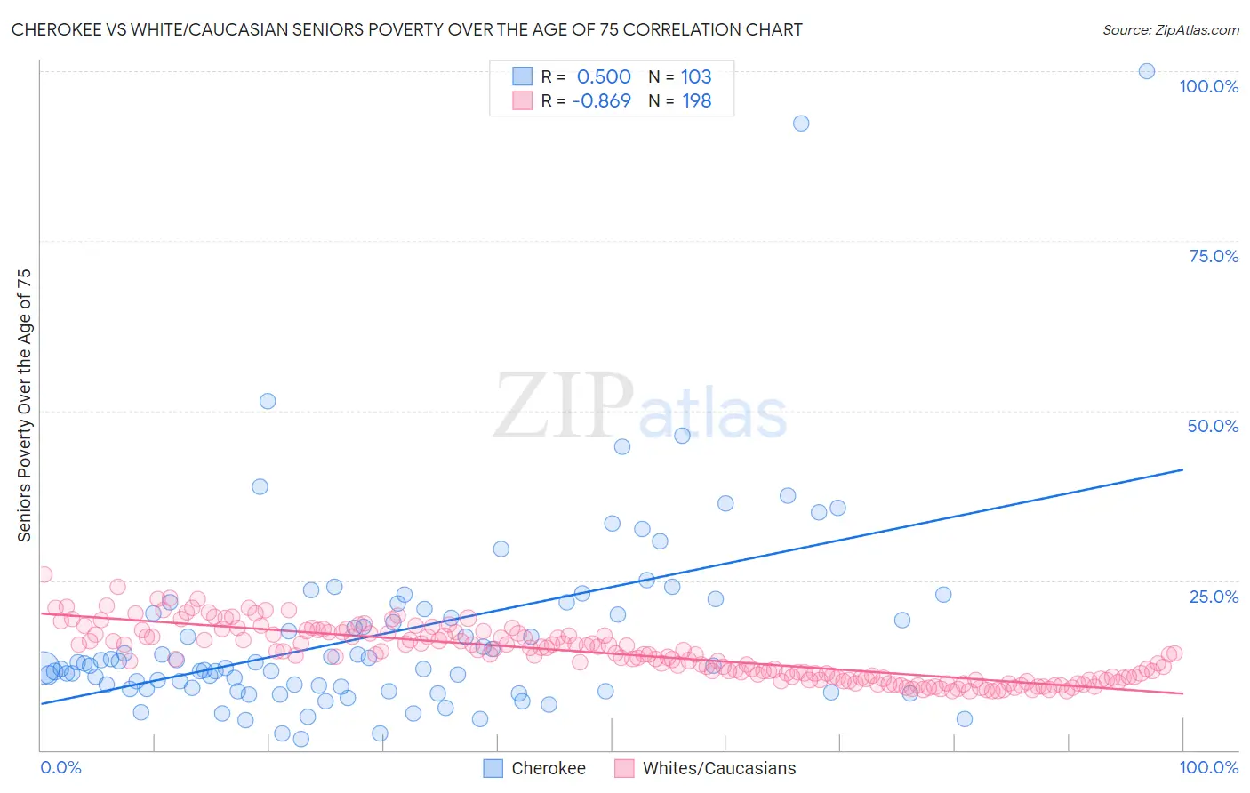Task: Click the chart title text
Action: [406, 29]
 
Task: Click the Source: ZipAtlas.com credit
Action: [1170, 29]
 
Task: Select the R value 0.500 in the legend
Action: [604, 76]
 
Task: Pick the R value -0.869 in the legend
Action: [601, 101]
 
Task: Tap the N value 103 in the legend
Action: [696, 76]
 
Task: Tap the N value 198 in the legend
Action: [696, 101]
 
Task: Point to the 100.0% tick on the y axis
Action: [1208, 86]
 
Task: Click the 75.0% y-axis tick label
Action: [1213, 256]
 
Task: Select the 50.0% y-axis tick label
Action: [1212, 426]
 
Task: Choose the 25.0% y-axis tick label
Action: [1213, 597]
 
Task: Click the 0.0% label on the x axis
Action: [60, 767]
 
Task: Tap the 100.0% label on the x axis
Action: [1208, 767]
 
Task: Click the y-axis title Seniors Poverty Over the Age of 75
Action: [24, 405]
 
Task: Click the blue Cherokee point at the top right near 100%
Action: [1147, 71]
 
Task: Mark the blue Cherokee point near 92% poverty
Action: [801, 124]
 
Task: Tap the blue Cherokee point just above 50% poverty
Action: [268, 401]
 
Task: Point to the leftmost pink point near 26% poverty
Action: [44, 574]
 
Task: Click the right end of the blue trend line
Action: [1182, 469]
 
